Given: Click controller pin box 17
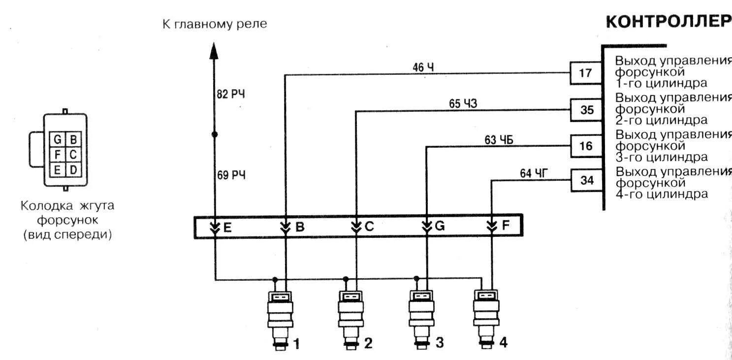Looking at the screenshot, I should tap(585, 73).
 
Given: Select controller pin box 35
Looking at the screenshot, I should tap(586, 110).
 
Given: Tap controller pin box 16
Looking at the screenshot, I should tap(586, 146).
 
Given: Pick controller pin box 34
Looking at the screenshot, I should tap(587, 181).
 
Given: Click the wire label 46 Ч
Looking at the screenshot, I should tap(423, 67).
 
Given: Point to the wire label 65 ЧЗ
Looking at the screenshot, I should tap(463, 103).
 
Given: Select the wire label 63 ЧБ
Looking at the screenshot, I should tap(499, 140).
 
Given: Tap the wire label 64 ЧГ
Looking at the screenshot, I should tap(534, 173).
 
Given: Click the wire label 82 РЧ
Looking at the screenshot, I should tap(230, 95).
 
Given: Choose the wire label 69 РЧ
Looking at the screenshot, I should tap(231, 175).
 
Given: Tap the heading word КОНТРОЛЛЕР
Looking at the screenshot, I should tap(668, 22).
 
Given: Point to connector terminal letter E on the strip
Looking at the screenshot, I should tap(227, 227).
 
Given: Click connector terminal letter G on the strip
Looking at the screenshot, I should tap(440, 227).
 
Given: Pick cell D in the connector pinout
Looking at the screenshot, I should tap(73, 170).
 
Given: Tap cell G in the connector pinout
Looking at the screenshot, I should tap(58, 139).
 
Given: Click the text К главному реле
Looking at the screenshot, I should tap(215, 24).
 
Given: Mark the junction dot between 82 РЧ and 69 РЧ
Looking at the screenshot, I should tap(214, 134).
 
